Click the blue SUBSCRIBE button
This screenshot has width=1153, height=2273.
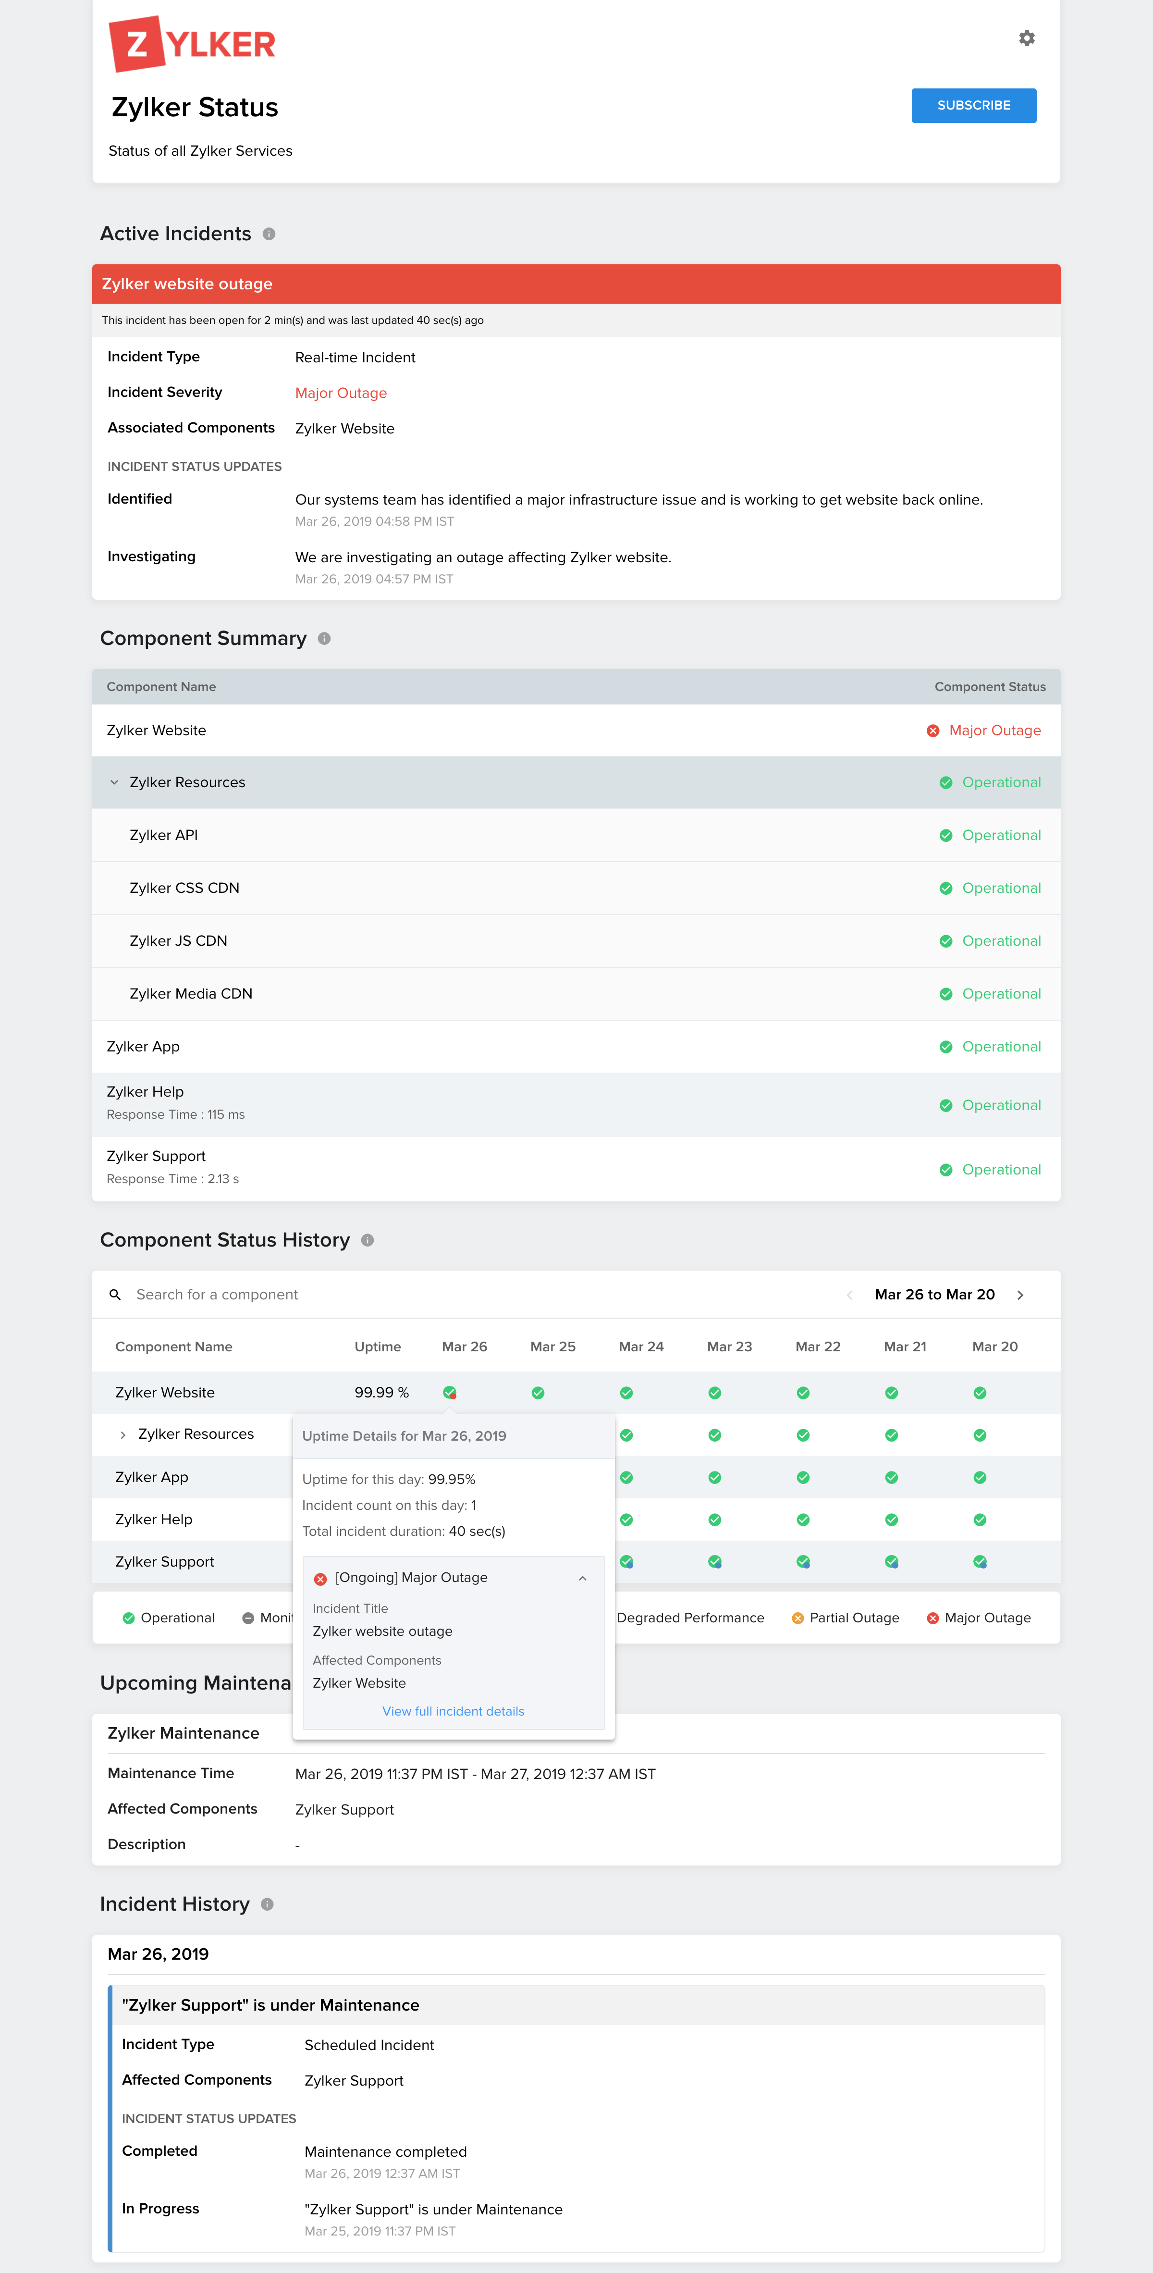coord(973,105)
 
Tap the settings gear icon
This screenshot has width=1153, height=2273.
coord(1026,38)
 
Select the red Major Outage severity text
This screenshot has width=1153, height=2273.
coord(341,393)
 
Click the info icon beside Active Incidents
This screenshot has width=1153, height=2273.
coord(269,234)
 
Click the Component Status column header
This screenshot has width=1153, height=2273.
coord(990,687)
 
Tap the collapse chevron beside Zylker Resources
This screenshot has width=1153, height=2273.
coord(114,783)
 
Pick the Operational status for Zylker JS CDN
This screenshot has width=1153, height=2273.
coord(1000,940)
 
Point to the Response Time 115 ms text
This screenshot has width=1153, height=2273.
coord(175,1114)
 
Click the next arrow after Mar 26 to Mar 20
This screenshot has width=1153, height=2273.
coord(1020,1295)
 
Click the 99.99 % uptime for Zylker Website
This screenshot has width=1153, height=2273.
coord(381,1392)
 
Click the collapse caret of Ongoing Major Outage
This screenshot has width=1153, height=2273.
coord(582,1578)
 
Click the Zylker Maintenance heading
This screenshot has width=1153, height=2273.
coord(184,1733)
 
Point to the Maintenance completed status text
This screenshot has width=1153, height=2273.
coord(385,2151)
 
